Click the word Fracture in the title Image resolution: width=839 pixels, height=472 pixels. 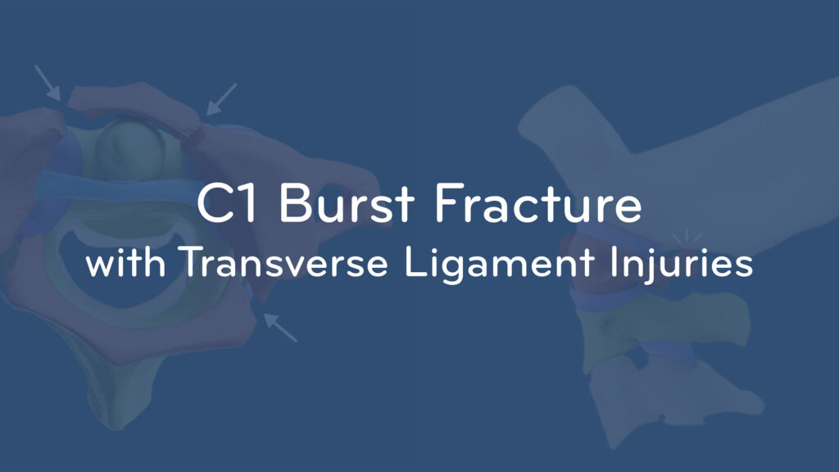[537, 203]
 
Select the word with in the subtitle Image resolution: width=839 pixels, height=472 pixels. [125, 262]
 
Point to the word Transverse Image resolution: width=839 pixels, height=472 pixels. [283, 262]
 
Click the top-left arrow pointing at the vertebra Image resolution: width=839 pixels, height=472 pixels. [47, 83]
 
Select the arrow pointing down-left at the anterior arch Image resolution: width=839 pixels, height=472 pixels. [221, 98]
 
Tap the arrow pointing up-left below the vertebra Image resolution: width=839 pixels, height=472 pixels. [280, 328]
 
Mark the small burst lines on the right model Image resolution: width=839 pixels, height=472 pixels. [687, 237]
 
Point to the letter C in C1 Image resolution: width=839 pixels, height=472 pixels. [215, 203]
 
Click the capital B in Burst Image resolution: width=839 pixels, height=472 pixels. [294, 203]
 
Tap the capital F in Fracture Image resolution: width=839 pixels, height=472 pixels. [447, 203]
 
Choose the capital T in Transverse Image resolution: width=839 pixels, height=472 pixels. [192, 262]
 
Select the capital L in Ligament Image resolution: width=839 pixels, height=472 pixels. [415, 262]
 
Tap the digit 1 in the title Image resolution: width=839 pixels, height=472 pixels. [248, 203]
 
